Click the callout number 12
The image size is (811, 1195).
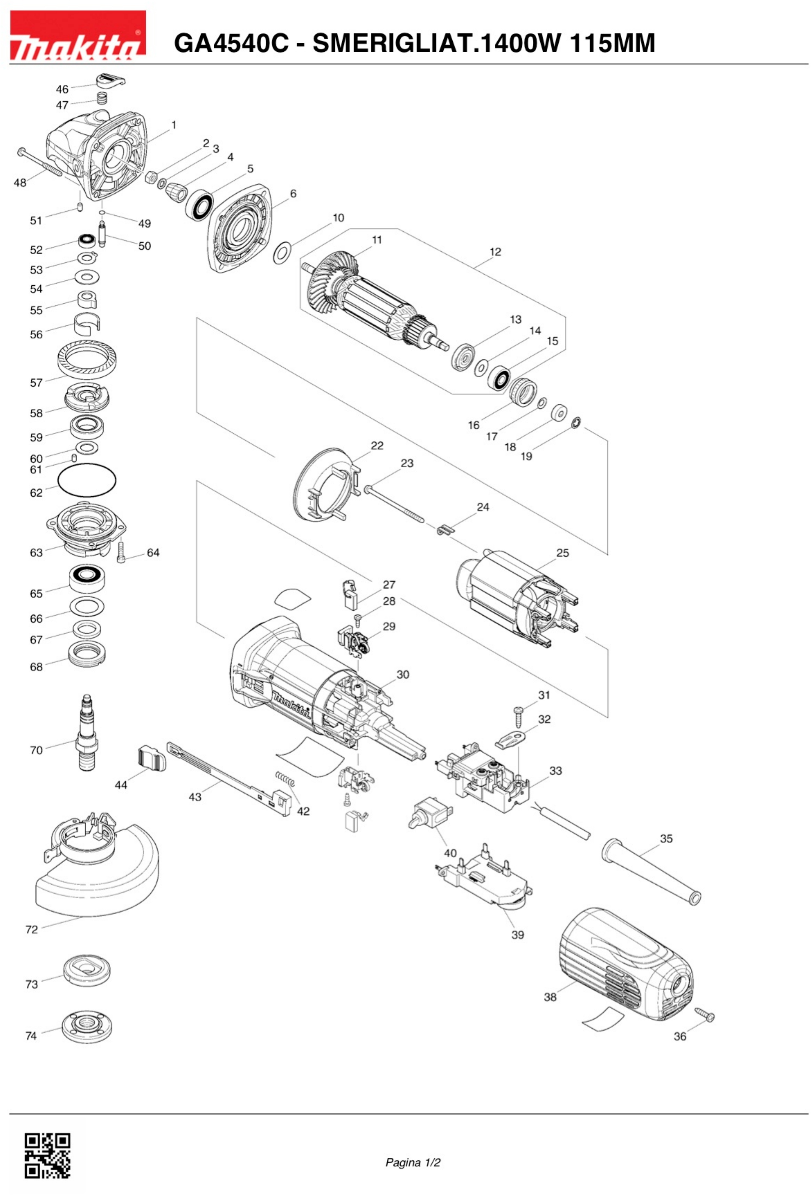(495, 252)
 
